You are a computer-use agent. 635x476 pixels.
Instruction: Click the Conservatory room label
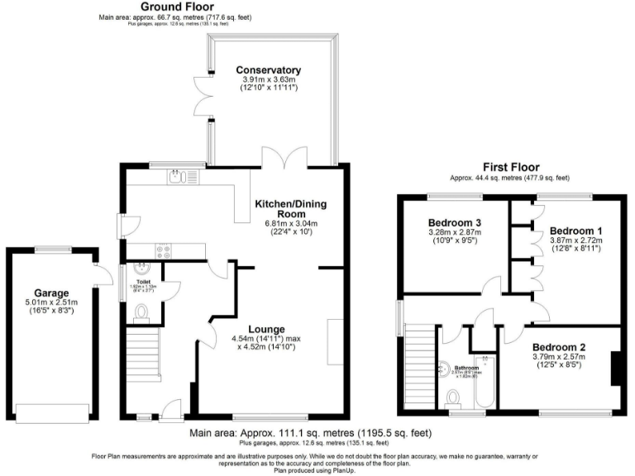click(x=268, y=69)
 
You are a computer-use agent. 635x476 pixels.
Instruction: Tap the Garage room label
click(x=51, y=293)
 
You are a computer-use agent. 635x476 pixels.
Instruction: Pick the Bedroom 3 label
click(x=455, y=223)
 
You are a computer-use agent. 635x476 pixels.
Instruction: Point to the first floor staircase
click(x=418, y=364)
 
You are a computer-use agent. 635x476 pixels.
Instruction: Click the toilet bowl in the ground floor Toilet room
click(x=140, y=312)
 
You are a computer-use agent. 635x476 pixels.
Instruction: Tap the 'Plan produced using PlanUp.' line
click(x=317, y=469)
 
